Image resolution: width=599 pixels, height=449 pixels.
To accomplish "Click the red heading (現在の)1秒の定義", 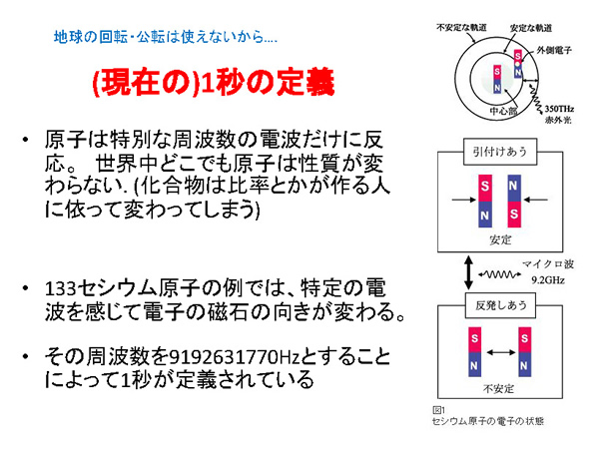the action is [214, 83].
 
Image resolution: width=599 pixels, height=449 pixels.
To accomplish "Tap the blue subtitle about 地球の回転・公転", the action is [166, 37].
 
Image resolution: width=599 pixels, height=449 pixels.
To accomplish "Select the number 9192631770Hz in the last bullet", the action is [235, 357].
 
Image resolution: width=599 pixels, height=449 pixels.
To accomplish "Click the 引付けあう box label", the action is [500, 152].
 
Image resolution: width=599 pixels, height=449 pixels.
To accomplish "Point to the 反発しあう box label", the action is [500, 305].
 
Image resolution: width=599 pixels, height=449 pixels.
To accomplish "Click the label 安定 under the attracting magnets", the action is [500, 239].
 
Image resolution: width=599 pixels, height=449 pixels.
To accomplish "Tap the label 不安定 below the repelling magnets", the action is [498, 389].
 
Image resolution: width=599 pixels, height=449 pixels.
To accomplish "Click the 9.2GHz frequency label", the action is [548, 280].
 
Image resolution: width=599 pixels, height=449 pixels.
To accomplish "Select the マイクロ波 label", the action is [548, 263].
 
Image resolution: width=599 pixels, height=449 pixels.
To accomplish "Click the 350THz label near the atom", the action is [559, 109].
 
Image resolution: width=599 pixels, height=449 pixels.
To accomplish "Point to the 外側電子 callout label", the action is [554, 50].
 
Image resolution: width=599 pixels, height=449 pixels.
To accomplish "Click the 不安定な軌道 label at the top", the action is [462, 28].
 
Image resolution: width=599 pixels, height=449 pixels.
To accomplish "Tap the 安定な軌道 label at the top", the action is [531, 28].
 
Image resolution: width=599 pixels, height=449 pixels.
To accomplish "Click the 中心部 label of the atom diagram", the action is [503, 111].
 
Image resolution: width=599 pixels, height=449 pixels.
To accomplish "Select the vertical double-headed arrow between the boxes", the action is [469, 272].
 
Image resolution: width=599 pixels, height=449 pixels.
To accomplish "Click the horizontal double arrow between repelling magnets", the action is [500, 352].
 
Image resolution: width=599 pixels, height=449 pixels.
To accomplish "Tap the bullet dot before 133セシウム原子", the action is [26, 288].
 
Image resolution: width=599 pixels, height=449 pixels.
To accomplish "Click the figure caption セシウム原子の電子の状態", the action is [488, 421].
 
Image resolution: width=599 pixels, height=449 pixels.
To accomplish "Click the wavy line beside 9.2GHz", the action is [500, 274].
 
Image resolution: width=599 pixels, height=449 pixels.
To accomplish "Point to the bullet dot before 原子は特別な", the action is [26, 140].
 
